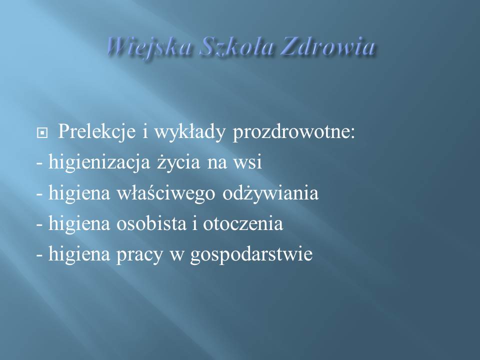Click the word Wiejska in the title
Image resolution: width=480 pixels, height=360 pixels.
tap(149, 48)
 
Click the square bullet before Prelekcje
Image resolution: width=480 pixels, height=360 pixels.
tap(42, 133)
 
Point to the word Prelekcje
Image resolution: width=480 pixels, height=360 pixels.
tap(96, 132)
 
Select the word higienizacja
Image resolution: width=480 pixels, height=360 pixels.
tap(99, 162)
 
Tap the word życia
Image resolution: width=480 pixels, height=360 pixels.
tap(179, 162)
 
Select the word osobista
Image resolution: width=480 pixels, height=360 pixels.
tap(151, 223)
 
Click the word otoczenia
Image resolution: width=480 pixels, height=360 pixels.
tap(243, 224)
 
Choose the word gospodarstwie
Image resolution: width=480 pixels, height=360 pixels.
tap(251, 254)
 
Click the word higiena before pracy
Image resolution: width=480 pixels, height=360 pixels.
tap(79, 254)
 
